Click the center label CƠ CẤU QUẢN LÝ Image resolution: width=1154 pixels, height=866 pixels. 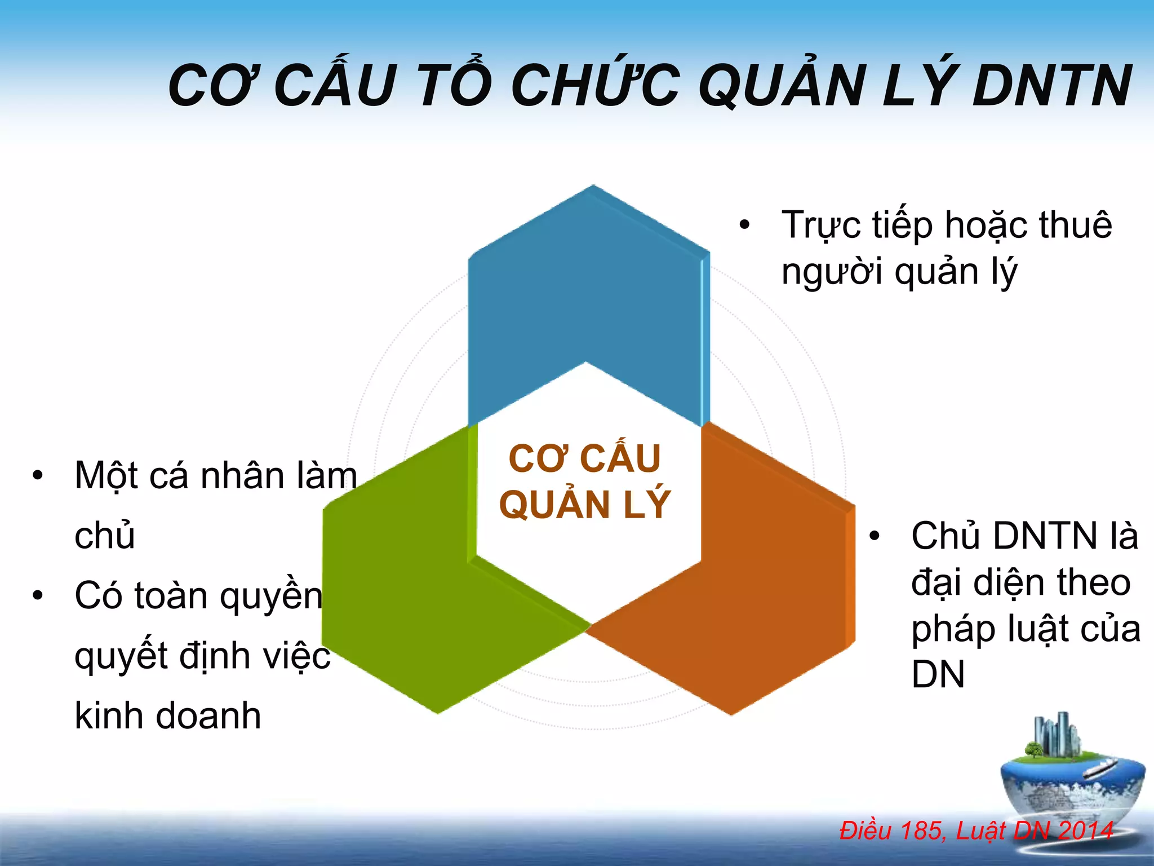pyautogui.click(x=585, y=481)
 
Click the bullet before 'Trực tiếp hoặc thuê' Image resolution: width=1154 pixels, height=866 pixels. pyautogui.click(x=744, y=225)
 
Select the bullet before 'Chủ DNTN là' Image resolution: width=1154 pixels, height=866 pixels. pyautogui.click(x=874, y=536)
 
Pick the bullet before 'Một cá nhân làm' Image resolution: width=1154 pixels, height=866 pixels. pyautogui.click(x=37, y=475)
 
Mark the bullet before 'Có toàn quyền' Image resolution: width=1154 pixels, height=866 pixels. pyautogui.click(x=37, y=595)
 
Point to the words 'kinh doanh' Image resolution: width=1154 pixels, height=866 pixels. pyautogui.click(x=168, y=716)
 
